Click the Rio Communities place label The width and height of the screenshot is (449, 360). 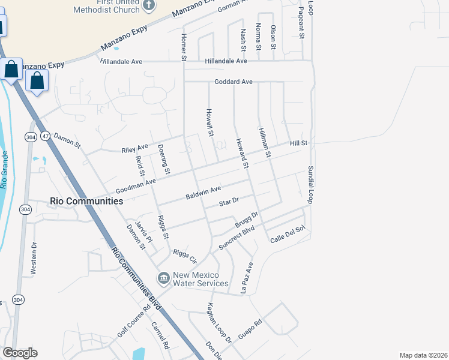(86, 202)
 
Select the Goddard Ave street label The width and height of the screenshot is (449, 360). (234, 82)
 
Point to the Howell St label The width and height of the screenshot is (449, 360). (210, 122)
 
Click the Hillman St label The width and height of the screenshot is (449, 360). (265, 142)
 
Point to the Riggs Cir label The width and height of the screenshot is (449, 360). (184, 257)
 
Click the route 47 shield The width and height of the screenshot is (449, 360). (45, 137)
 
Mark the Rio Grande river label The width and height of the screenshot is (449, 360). (5, 170)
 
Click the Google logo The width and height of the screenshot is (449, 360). (20, 353)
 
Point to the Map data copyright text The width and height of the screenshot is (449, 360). (423, 355)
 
